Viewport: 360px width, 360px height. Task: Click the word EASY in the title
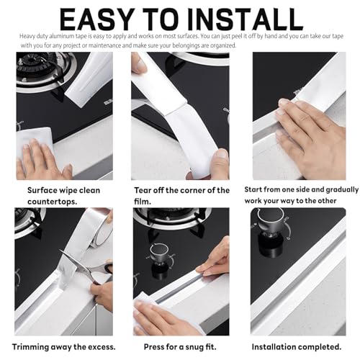[97, 19]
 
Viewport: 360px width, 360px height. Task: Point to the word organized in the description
[223, 45]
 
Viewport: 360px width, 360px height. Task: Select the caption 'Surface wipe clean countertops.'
[63, 196]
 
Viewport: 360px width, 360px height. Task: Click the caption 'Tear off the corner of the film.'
[181, 196]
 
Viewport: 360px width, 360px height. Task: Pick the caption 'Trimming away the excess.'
[64, 347]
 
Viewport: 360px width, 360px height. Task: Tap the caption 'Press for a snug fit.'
[180, 347]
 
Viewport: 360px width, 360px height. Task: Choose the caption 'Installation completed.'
[297, 347]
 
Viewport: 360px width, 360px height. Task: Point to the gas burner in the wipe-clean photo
[42, 70]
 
